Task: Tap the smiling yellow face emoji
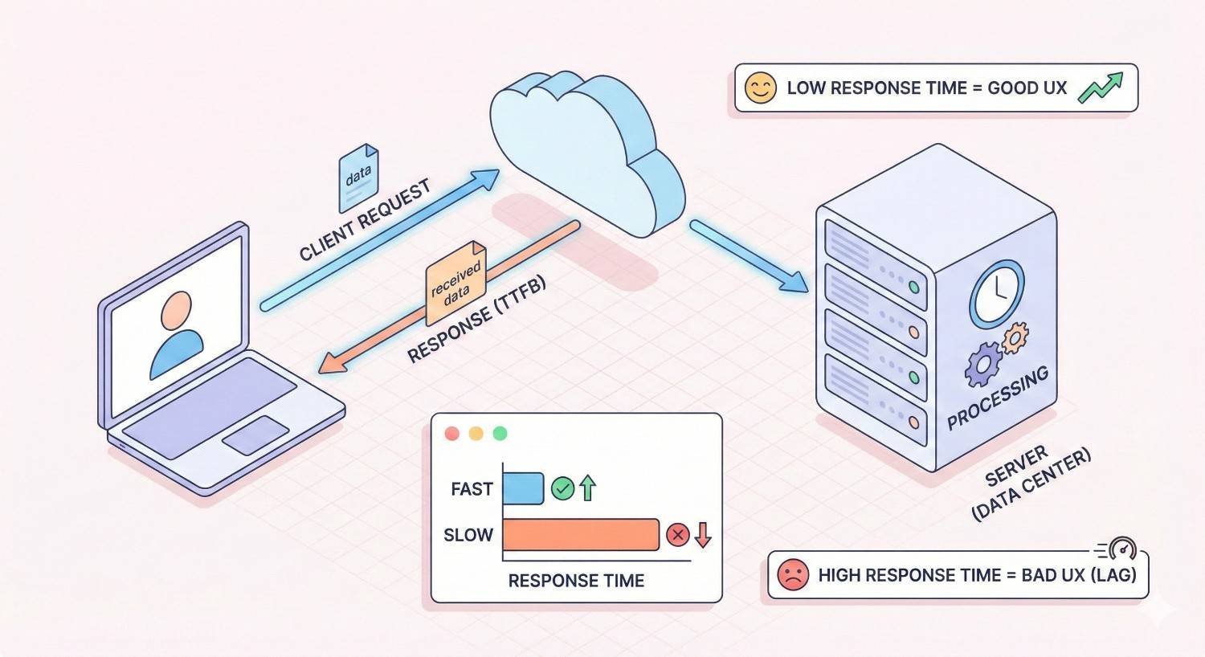click(760, 88)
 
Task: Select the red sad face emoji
click(793, 575)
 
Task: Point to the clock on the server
click(997, 293)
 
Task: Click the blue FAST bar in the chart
click(523, 488)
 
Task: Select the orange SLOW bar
click(581, 535)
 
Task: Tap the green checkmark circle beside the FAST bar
click(562, 488)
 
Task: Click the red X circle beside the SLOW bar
click(678, 535)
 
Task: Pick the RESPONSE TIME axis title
click(576, 581)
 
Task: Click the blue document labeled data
click(357, 178)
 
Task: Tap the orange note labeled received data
click(455, 282)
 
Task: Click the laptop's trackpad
click(255, 435)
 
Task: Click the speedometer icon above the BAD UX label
click(1121, 549)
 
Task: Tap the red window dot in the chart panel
click(451, 434)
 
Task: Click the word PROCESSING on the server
click(998, 398)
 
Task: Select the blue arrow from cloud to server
click(749, 256)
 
